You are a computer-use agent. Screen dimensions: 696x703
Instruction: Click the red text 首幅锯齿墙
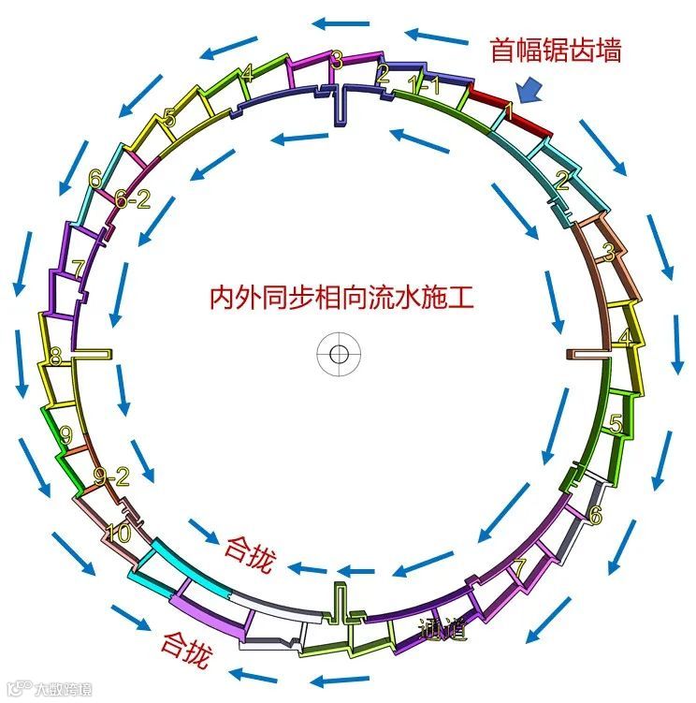(555, 51)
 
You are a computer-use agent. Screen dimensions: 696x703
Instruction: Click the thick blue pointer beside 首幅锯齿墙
(529, 89)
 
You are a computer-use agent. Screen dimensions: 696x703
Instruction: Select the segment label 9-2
(111, 477)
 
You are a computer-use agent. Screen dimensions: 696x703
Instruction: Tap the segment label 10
(119, 534)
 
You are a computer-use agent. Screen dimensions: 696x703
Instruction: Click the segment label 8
(55, 356)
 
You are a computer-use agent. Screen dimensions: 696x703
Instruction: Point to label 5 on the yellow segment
(168, 118)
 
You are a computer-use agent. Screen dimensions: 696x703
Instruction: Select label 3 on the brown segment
(608, 253)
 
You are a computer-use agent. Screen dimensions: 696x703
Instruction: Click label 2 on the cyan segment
(561, 181)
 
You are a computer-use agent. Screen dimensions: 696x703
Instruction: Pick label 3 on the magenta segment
(337, 60)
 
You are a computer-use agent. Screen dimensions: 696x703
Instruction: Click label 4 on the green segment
(247, 73)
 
